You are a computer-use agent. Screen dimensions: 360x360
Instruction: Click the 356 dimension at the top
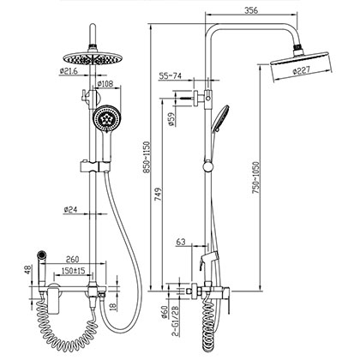click(249, 11)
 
